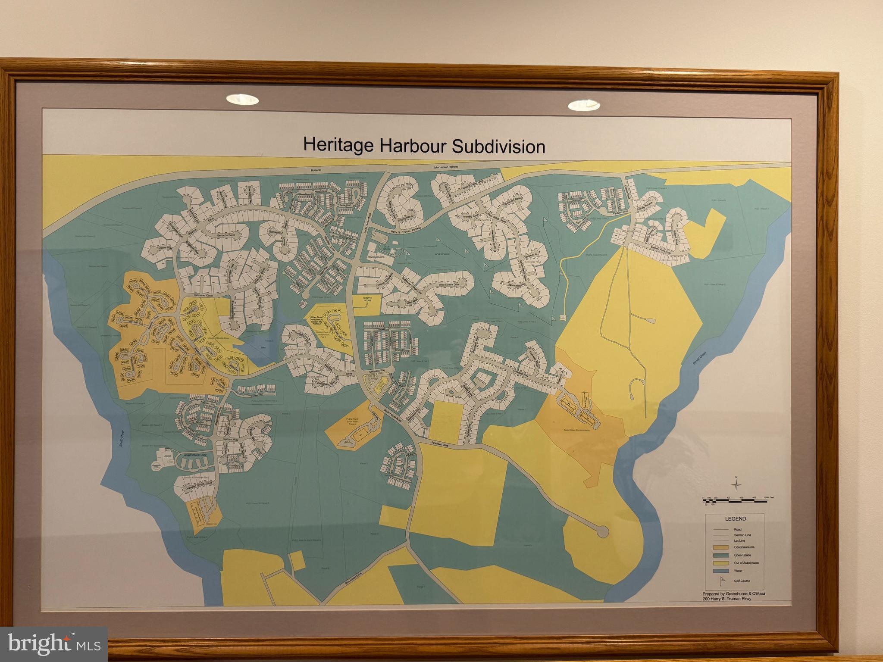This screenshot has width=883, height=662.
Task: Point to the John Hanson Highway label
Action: [x=446, y=167]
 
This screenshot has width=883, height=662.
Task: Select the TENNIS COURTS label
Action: [x=375, y=257]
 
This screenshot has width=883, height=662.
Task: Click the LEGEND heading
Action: [x=735, y=519]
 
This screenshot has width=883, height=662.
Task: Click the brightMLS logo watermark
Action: [x=54, y=643]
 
